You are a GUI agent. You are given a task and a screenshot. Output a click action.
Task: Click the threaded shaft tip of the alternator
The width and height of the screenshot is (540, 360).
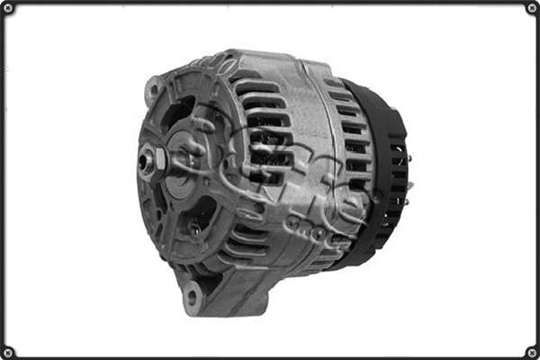pos(144,162)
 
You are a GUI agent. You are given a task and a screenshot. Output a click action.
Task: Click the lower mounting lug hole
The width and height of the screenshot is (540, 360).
pos(192,296)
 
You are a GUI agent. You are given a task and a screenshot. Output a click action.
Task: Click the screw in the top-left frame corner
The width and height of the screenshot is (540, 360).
pos(8,8)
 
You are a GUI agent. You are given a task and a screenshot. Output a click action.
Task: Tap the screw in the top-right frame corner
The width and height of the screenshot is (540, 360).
pos(531,8)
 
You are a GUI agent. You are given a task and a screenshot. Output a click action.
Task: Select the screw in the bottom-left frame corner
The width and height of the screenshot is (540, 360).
pos(8,351)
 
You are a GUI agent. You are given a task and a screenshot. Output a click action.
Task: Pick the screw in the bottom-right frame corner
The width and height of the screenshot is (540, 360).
pos(531,351)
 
